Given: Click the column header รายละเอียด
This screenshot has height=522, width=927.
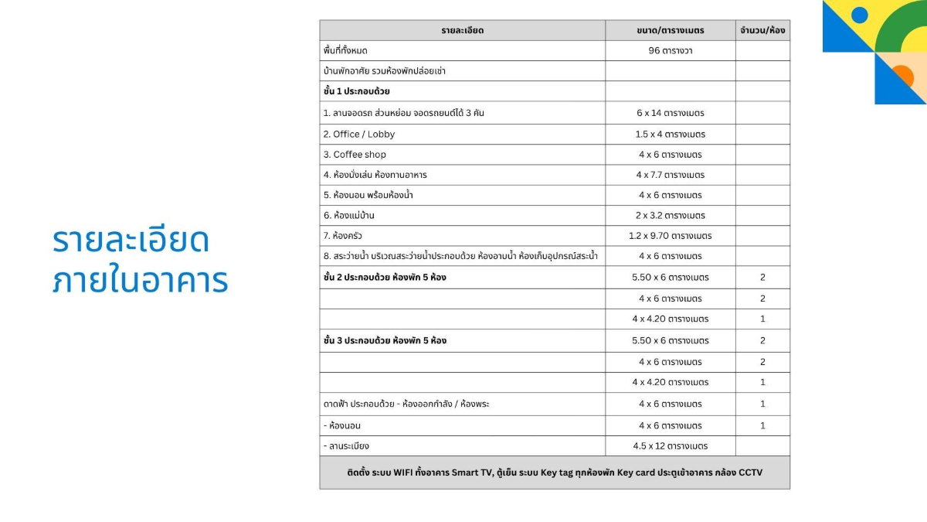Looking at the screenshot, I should (x=462, y=30).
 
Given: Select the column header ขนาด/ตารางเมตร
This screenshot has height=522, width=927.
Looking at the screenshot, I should (x=670, y=30).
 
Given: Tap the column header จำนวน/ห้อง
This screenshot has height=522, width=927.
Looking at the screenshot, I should (x=762, y=30).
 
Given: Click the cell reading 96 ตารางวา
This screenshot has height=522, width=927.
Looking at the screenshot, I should (x=670, y=50).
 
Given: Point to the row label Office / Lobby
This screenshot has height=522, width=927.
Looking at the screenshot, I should (x=359, y=134).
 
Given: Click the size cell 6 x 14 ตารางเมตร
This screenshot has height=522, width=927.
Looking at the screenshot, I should (x=670, y=113).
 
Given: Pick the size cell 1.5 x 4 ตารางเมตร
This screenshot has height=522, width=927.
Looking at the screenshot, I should (x=670, y=134).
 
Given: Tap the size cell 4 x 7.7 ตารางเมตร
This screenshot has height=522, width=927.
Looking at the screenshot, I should (x=670, y=175).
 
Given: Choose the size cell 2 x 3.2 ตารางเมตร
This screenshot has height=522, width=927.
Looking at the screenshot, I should (x=670, y=215).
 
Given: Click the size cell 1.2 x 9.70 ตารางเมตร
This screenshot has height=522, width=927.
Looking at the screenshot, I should (x=670, y=235).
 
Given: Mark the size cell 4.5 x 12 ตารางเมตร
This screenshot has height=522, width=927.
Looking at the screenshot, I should (x=670, y=445).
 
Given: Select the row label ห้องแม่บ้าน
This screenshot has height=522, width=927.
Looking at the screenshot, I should (x=349, y=215).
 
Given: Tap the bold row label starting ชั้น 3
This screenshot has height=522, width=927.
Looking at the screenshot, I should (x=385, y=340).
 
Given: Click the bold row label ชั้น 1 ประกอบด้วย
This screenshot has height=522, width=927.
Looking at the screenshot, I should (x=356, y=91).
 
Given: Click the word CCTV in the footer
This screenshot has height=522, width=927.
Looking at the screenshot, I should (x=750, y=472).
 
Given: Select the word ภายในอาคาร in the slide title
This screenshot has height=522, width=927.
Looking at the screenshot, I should (x=141, y=280).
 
